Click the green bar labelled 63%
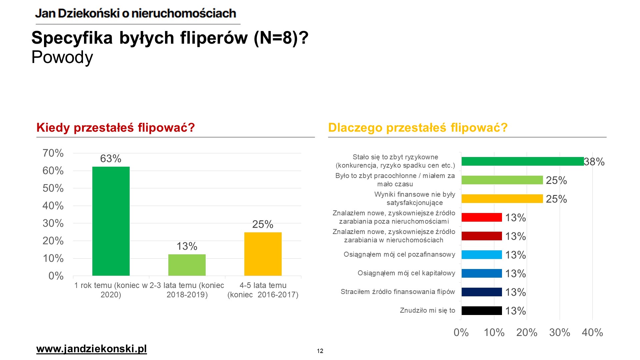pyautogui.click(x=111, y=221)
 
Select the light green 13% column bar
pyautogui.click(x=187, y=265)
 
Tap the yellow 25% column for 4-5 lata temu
pyautogui.click(x=263, y=254)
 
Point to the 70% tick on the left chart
pyautogui.click(x=53, y=153)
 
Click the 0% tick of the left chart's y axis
pyautogui.click(x=56, y=276)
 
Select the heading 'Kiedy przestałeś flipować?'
pyautogui.click(x=116, y=128)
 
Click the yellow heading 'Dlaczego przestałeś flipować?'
pyautogui.click(x=418, y=128)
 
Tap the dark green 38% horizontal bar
pyautogui.click(x=523, y=161)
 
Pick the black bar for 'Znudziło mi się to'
pyautogui.click(x=482, y=311)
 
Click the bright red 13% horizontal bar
pyautogui.click(x=482, y=217)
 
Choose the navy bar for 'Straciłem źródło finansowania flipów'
pyautogui.click(x=482, y=292)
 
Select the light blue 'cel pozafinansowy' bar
pyautogui.click(x=482, y=255)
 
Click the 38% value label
pyautogui.click(x=594, y=162)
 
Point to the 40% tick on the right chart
pyautogui.click(x=592, y=332)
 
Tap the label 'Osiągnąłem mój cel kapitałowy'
pyautogui.click(x=406, y=273)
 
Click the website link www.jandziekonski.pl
pyautogui.click(x=92, y=349)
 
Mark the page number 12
pyautogui.click(x=320, y=351)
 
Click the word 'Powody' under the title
pyautogui.click(x=62, y=57)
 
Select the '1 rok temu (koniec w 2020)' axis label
pyautogui.click(x=111, y=290)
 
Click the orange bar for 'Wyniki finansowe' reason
pyautogui.click(x=502, y=199)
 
